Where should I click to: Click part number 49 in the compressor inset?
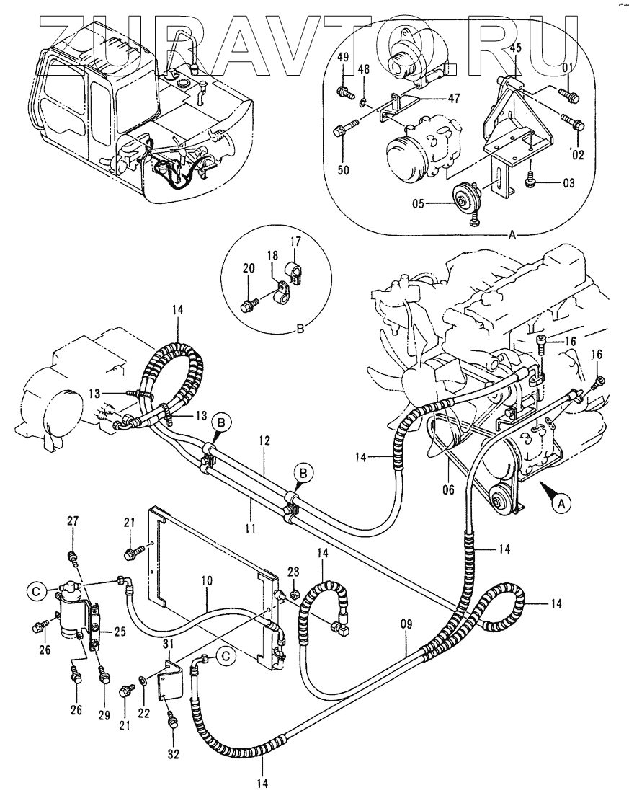[343, 58]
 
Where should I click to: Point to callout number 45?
[515, 48]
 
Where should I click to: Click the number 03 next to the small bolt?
[568, 185]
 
